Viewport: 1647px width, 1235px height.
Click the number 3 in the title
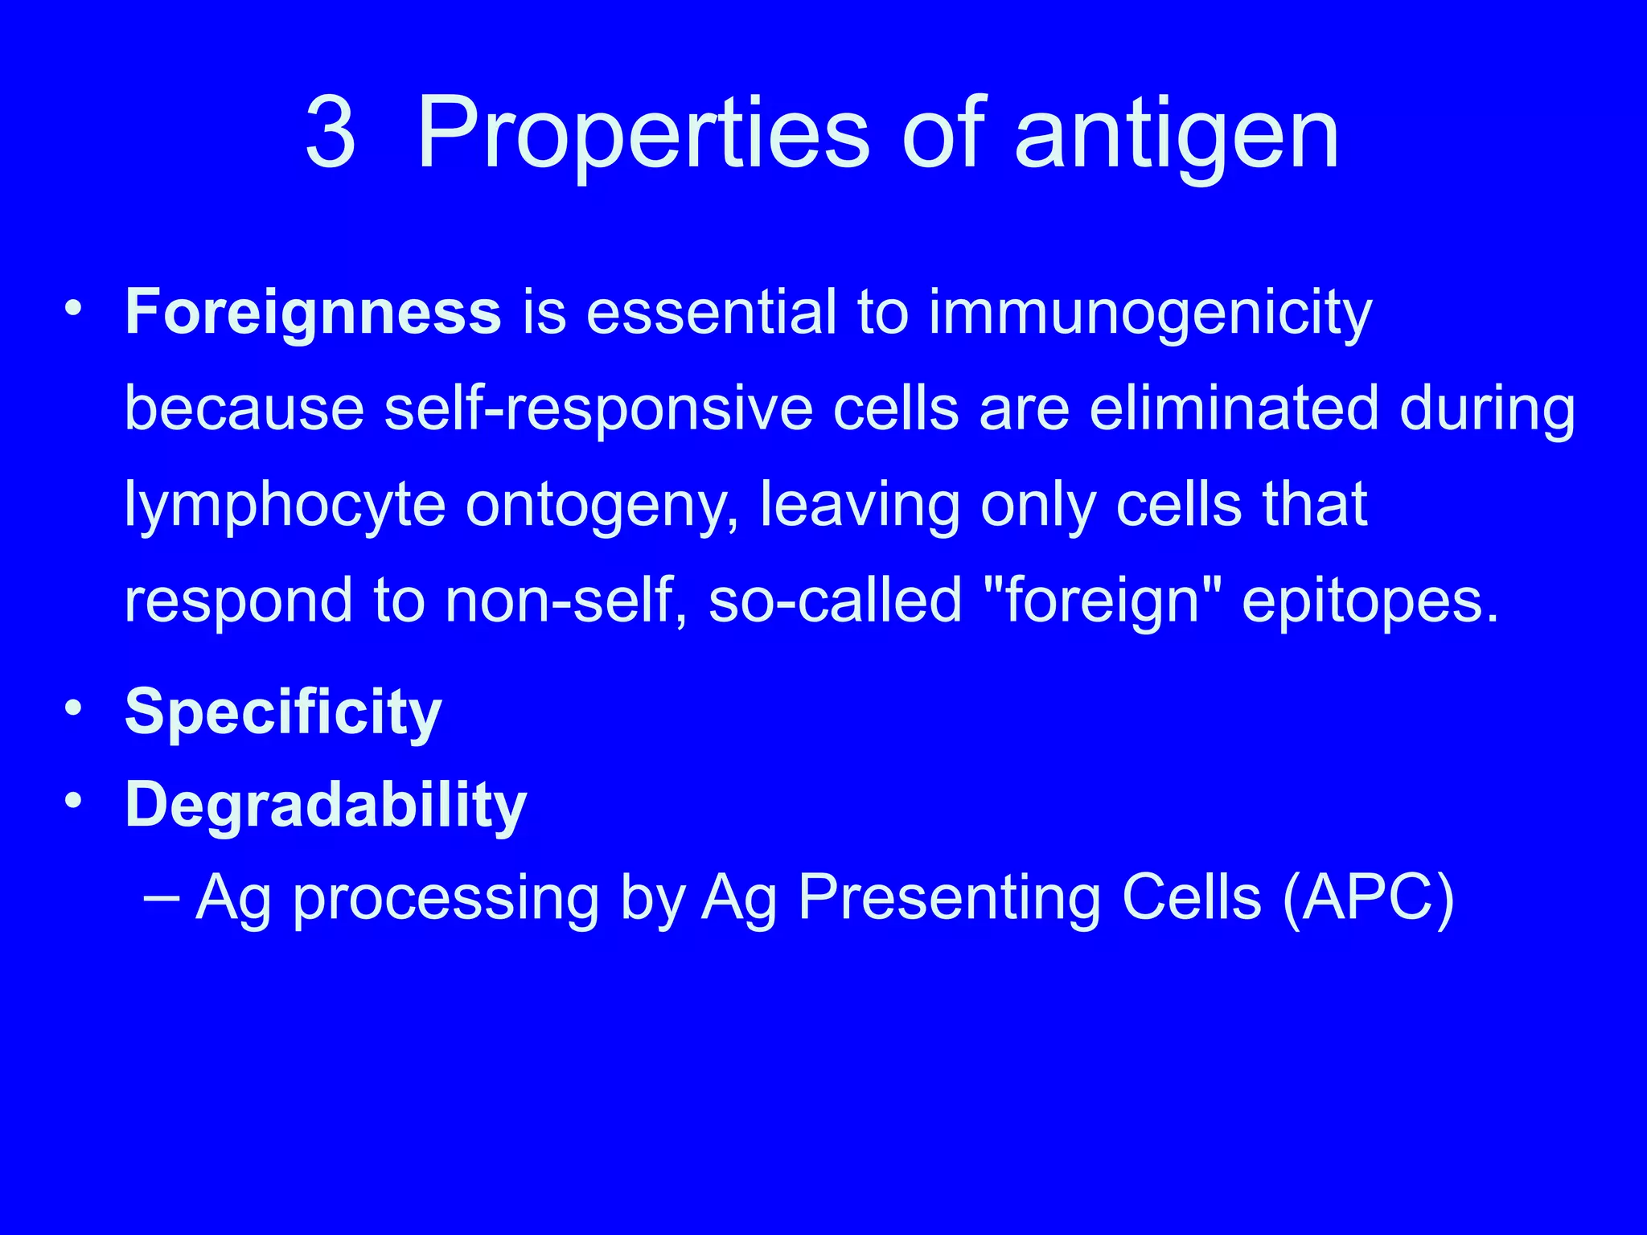(x=331, y=133)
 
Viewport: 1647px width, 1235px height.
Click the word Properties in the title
(x=643, y=133)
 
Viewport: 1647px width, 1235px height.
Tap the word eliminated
(x=1234, y=408)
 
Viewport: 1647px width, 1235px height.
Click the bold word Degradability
(x=326, y=806)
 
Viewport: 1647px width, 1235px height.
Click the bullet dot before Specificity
(x=74, y=708)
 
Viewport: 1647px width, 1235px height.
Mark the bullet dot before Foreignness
(x=74, y=309)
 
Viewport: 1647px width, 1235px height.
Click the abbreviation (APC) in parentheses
(x=1368, y=899)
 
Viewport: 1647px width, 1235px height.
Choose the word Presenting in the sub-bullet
(x=949, y=899)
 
